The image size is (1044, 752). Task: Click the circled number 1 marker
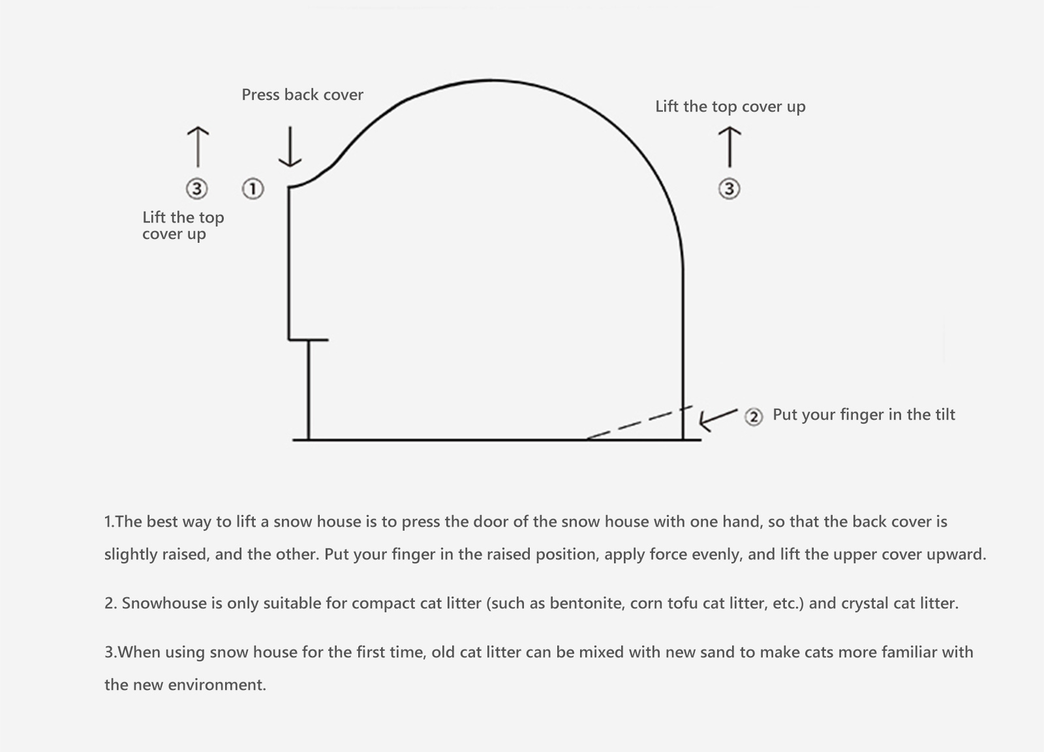[253, 189]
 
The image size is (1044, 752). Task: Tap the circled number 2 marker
[754, 416]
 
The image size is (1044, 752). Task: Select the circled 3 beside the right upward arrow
[729, 189]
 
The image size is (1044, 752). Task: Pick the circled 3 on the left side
[196, 189]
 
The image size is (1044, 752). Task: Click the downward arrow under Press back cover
[290, 146]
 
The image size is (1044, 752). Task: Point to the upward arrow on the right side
[729, 147]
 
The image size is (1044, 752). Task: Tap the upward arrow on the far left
[198, 147]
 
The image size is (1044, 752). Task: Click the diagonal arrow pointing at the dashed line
[718, 420]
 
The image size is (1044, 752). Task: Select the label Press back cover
[302, 95]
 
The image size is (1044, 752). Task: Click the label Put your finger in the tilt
[864, 415]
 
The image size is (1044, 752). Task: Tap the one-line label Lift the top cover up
[730, 107]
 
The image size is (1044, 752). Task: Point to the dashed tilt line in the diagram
[639, 422]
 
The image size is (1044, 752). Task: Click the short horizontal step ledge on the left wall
[309, 340]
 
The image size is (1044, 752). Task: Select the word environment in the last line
[217, 685]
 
